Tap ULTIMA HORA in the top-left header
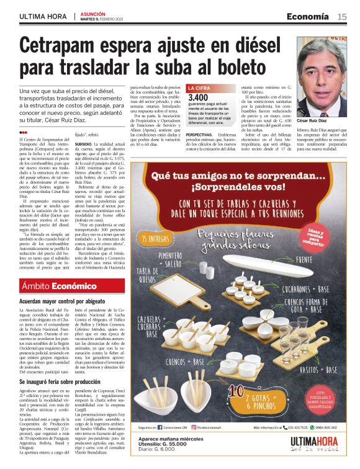tap(43, 17)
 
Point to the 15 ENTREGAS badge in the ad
tap(156, 239)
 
